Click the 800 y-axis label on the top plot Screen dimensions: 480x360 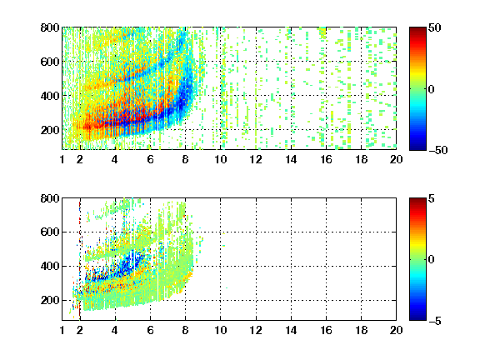coord(50,27)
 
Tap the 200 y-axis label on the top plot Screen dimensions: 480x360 coord(50,130)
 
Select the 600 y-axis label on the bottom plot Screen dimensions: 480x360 coord(50,232)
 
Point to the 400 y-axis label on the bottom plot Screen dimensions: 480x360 coord(50,266)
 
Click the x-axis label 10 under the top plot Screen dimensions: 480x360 coord(220,159)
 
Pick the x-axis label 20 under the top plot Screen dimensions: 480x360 coord(396,159)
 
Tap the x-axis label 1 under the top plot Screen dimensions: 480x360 coord(62,159)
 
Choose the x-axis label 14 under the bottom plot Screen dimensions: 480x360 coord(291,330)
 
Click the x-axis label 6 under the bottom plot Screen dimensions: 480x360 coord(150,330)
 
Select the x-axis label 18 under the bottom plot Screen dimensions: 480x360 coord(361,330)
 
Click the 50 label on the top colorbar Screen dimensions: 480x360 coord(434,27)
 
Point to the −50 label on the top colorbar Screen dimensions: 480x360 coord(437,150)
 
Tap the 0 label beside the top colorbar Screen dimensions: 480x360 coord(432,89)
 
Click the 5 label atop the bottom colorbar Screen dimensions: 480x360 coord(432,198)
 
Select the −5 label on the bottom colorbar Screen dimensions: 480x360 coord(435,321)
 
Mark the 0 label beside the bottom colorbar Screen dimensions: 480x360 coord(432,260)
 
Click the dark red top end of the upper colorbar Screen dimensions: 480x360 coord(417,29)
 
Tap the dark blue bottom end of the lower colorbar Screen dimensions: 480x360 coord(417,318)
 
